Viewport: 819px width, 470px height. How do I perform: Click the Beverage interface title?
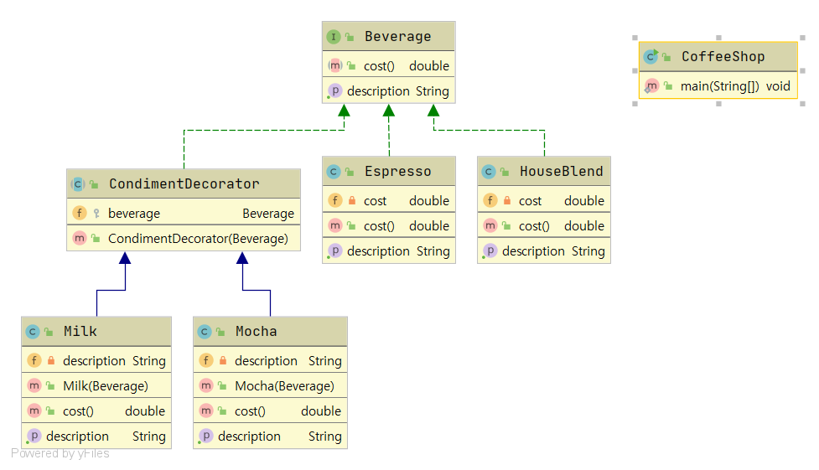pos(397,37)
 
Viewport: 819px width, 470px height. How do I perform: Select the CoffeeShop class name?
pos(723,57)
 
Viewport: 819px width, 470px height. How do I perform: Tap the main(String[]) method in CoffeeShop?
pos(723,85)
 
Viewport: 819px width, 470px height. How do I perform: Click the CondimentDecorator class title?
pos(184,184)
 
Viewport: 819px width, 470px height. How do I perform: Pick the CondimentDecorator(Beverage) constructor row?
pos(198,239)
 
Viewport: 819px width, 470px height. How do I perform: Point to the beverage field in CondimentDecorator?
pos(134,214)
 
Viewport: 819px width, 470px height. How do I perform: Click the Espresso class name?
pos(397,172)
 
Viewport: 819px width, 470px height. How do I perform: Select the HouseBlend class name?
pos(561,172)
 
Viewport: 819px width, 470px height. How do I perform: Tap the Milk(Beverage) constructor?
pos(106,386)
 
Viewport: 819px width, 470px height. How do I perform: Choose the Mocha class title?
pos(256,332)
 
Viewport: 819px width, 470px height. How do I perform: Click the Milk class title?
pos(80,332)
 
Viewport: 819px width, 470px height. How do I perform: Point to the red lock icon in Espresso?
pos(352,201)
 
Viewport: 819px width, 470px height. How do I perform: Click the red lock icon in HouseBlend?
pos(507,201)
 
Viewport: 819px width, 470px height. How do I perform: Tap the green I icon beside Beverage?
pos(334,37)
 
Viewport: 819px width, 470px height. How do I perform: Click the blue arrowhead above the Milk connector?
pos(125,258)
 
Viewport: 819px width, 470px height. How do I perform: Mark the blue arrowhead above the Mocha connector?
pos(243,258)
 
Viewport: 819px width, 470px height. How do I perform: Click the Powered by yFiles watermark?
pos(60,454)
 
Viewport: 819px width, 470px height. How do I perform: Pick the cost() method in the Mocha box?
pos(250,411)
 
